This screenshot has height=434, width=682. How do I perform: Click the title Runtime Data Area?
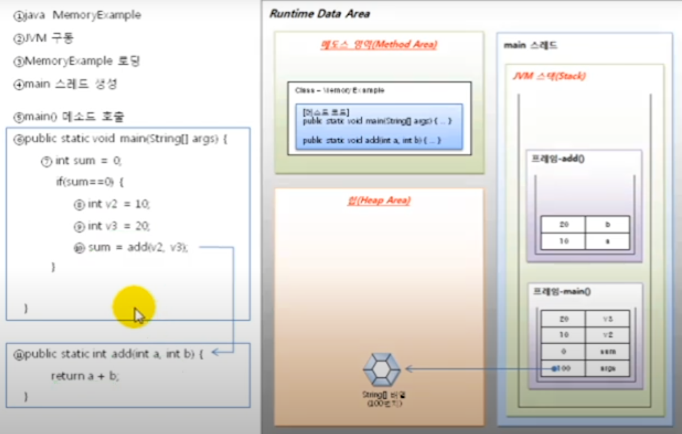coord(320,14)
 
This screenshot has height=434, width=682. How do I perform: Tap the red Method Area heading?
coord(379,45)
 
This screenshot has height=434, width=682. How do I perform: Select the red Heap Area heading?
coord(379,201)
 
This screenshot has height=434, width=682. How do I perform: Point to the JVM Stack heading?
coord(549,76)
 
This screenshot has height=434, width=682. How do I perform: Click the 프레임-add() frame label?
coord(558,159)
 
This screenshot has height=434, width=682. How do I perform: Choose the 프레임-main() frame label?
coord(561,292)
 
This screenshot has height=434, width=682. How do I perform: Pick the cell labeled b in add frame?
coord(607,225)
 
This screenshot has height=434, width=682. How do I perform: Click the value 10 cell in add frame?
coord(563,241)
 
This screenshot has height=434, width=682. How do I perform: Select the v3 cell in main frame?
coord(607,319)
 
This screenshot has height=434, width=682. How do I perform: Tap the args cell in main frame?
coord(607,368)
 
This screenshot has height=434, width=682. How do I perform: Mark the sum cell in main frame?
coord(607,352)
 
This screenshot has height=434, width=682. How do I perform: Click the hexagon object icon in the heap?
coord(382,369)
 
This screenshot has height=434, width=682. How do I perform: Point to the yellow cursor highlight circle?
coord(134,306)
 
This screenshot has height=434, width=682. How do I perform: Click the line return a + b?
coord(84,376)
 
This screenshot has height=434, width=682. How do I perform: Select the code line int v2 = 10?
coord(118,204)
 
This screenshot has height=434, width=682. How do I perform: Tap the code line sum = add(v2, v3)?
coord(137,247)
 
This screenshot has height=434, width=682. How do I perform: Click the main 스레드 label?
coord(530,46)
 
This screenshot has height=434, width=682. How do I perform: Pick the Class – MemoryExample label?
coord(340,90)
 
